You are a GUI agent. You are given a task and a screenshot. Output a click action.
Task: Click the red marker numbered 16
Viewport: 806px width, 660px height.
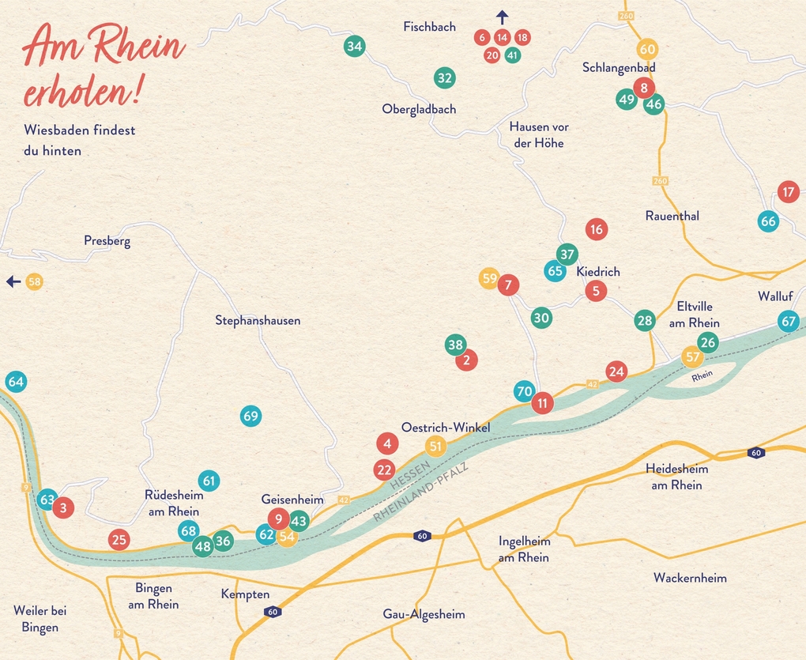click(x=596, y=230)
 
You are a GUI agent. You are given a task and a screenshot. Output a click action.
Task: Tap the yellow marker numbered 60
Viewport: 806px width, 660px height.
click(x=647, y=49)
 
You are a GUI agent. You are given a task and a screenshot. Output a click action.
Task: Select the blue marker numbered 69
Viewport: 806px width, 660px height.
click(x=250, y=416)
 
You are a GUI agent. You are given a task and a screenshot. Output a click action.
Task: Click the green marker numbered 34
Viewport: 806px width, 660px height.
click(x=354, y=47)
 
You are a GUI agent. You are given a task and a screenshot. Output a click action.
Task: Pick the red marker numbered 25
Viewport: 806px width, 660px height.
click(x=119, y=541)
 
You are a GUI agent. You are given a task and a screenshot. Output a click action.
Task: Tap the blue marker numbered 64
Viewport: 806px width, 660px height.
click(x=16, y=382)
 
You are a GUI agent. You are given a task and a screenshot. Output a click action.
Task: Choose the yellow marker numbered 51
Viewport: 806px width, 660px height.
click(x=435, y=447)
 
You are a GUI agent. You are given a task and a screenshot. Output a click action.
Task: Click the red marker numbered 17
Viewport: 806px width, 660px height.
click(x=788, y=191)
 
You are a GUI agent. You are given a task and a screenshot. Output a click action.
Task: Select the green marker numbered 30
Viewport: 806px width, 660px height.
click(x=541, y=319)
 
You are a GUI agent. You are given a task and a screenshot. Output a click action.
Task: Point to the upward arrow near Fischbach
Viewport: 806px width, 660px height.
click(x=502, y=16)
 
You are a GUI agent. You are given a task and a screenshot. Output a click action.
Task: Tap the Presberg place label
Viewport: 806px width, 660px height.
click(x=107, y=241)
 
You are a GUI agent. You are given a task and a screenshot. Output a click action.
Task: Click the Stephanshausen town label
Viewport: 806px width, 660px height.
click(x=258, y=321)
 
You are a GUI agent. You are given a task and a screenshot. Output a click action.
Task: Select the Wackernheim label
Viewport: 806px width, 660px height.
click(x=690, y=578)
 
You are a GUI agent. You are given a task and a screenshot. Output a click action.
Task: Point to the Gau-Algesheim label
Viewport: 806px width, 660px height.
click(x=424, y=614)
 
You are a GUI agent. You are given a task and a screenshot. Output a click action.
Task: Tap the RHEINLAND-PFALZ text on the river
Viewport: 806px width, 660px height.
click(x=420, y=492)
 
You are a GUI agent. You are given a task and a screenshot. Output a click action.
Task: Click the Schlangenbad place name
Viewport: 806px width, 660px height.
click(x=619, y=68)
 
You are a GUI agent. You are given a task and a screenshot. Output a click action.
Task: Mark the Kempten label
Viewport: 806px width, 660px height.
click(x=245, y=594)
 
